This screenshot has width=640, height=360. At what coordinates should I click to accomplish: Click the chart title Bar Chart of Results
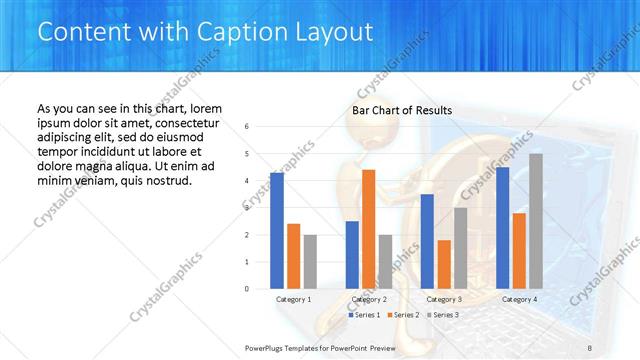point(402,110)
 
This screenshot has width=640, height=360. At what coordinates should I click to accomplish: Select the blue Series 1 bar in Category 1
point(277,230)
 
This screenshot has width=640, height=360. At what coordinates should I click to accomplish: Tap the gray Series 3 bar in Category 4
point(536,221)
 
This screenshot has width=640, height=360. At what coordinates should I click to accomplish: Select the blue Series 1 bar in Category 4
point(503,227)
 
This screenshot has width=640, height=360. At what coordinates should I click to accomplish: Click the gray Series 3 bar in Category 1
point(310,261)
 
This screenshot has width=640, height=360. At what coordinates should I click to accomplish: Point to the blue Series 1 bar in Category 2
point(352,254)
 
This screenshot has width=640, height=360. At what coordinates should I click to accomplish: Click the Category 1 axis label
point(294,299)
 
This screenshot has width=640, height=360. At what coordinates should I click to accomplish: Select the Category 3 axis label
point(444,299)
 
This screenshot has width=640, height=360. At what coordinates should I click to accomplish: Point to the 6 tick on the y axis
point(247,126)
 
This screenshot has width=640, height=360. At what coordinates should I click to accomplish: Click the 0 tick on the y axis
point(247,289)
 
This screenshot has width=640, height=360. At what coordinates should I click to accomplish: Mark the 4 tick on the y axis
point(247,181)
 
